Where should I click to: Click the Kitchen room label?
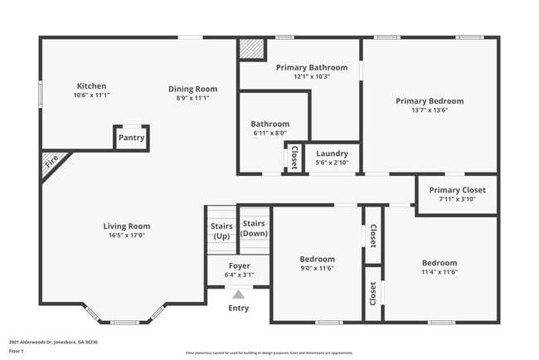[x=91, y=85]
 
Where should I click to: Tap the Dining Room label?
[x=192, y=89]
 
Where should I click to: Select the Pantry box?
[x=131, y=138]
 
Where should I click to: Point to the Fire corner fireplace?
[x=52, y=163]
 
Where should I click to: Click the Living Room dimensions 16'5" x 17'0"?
[x=126, y=235]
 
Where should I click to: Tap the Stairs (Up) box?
[x=221, y=231]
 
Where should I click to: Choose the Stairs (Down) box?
[x=254, y=228]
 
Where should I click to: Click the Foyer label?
[x=238, y=265]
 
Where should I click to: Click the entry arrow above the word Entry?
[x=238, y=294]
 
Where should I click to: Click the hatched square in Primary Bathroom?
[x=250, y=49]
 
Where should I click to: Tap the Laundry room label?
[x=332, y=153]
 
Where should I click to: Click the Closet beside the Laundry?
[x=294, y=157]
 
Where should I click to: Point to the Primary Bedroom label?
[x=429, y=100]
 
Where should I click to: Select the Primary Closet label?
[x=456, y=190]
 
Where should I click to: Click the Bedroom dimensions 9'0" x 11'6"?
[x=318, y=269]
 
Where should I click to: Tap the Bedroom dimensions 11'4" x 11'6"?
[x=439, y=272]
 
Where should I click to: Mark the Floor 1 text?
[x=17, y=351]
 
